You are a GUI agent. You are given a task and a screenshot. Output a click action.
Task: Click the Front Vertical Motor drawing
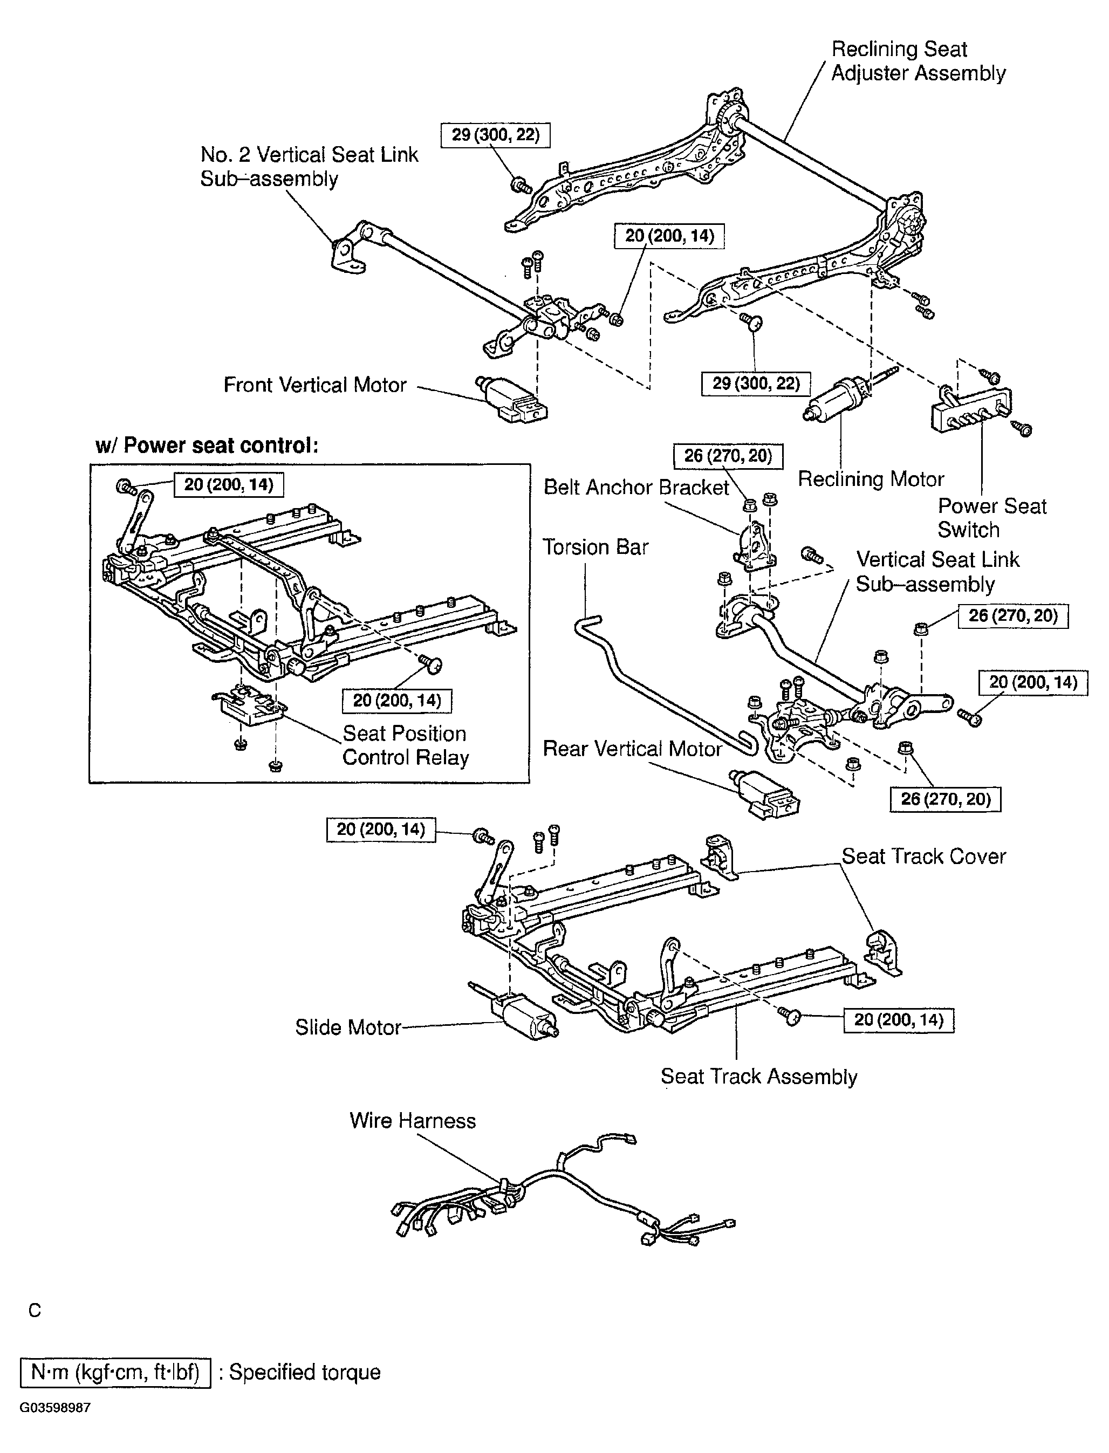click(511, 400)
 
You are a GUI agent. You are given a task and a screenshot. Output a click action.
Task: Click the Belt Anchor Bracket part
click(752, 545)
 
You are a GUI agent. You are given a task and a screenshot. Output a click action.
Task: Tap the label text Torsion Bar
click(595, 547)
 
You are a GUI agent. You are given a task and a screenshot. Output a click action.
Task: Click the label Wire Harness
click(412, 1120)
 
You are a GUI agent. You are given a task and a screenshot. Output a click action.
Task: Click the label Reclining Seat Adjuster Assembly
click(917, 61)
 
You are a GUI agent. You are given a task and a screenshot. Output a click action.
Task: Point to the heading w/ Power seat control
click(207, 446)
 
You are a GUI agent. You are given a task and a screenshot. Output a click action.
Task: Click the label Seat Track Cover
click(923, 856)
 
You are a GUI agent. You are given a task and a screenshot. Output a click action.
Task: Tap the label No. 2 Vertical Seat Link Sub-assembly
click(309, 166)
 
